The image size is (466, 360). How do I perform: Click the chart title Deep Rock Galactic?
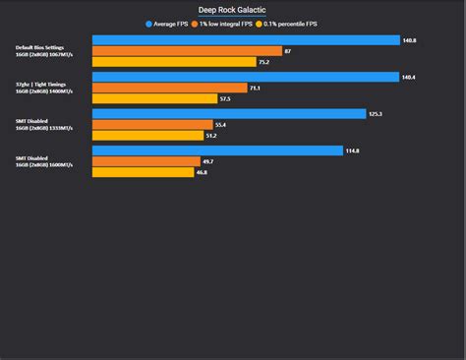(x=233, y=10)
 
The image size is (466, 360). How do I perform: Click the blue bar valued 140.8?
(x=246, y=40)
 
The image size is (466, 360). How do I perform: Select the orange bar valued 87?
(x=187, y=51)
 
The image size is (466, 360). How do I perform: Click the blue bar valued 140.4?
(x=246, y=77)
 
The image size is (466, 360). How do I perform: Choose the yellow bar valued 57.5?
(x=154, y=98)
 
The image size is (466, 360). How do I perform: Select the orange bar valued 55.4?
(x=152, y=124)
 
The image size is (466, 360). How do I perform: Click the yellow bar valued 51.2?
(x=147, y=135)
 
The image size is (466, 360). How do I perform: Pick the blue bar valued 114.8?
(x=217, y=150)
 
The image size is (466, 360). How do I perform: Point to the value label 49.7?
(x=207, y=161)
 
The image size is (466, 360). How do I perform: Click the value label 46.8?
(x=202, y=172)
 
